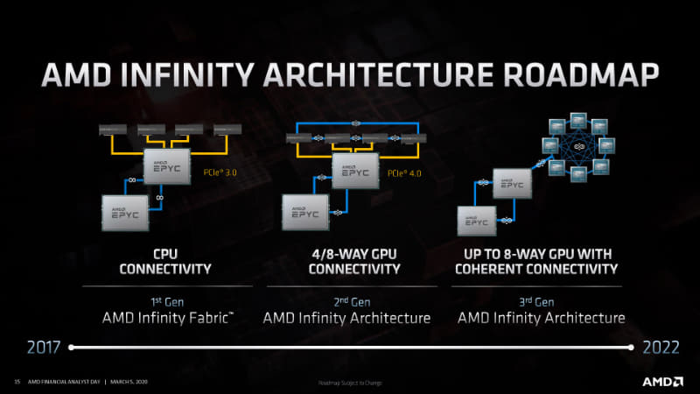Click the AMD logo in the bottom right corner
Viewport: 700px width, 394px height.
pos(663,383)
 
